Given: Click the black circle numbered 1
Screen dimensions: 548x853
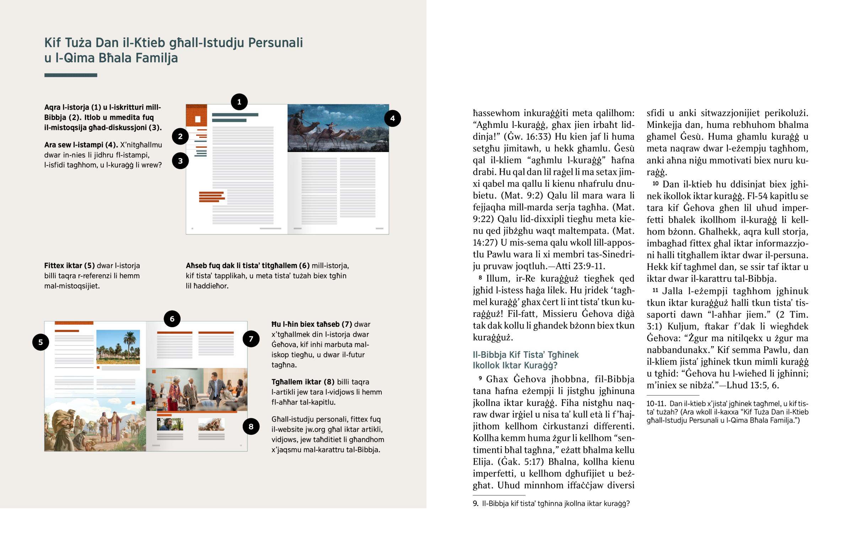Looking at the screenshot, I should [x=239, y=102].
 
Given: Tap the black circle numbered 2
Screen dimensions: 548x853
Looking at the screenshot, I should [x=180, y=136].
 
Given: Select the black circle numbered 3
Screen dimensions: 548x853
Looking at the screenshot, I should [x=180, y=161].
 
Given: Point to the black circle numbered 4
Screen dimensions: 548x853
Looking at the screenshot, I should [x=392, y=119].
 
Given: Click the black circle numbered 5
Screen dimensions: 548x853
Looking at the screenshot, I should [x=41, y=342].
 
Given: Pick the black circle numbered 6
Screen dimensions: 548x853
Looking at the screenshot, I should [x=172, y=319].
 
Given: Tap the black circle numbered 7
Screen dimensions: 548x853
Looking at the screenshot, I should [x=251, y=339].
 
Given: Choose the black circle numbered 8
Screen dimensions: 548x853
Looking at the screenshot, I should [x=251, y=426].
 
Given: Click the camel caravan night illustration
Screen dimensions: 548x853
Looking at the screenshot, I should [x=338, y=128].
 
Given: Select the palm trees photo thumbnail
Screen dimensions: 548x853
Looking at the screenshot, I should [x=118, y=347].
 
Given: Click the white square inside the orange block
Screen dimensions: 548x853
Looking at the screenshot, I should [x=198, y=119].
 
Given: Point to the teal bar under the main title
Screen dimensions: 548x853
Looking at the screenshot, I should [x=70, y=75].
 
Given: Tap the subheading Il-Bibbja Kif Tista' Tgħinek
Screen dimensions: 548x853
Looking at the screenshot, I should [x=525, y=355].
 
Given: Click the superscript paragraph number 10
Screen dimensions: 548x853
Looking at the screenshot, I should [x=655, y=183].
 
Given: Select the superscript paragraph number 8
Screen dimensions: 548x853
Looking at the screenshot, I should [x=480, y=277].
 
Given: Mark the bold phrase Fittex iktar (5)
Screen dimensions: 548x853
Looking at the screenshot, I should [x=69, y=265].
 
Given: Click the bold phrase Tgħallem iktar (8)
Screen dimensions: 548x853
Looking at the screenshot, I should [x=302, y=382].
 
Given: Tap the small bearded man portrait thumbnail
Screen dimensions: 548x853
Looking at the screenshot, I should [x=170, y=424].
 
